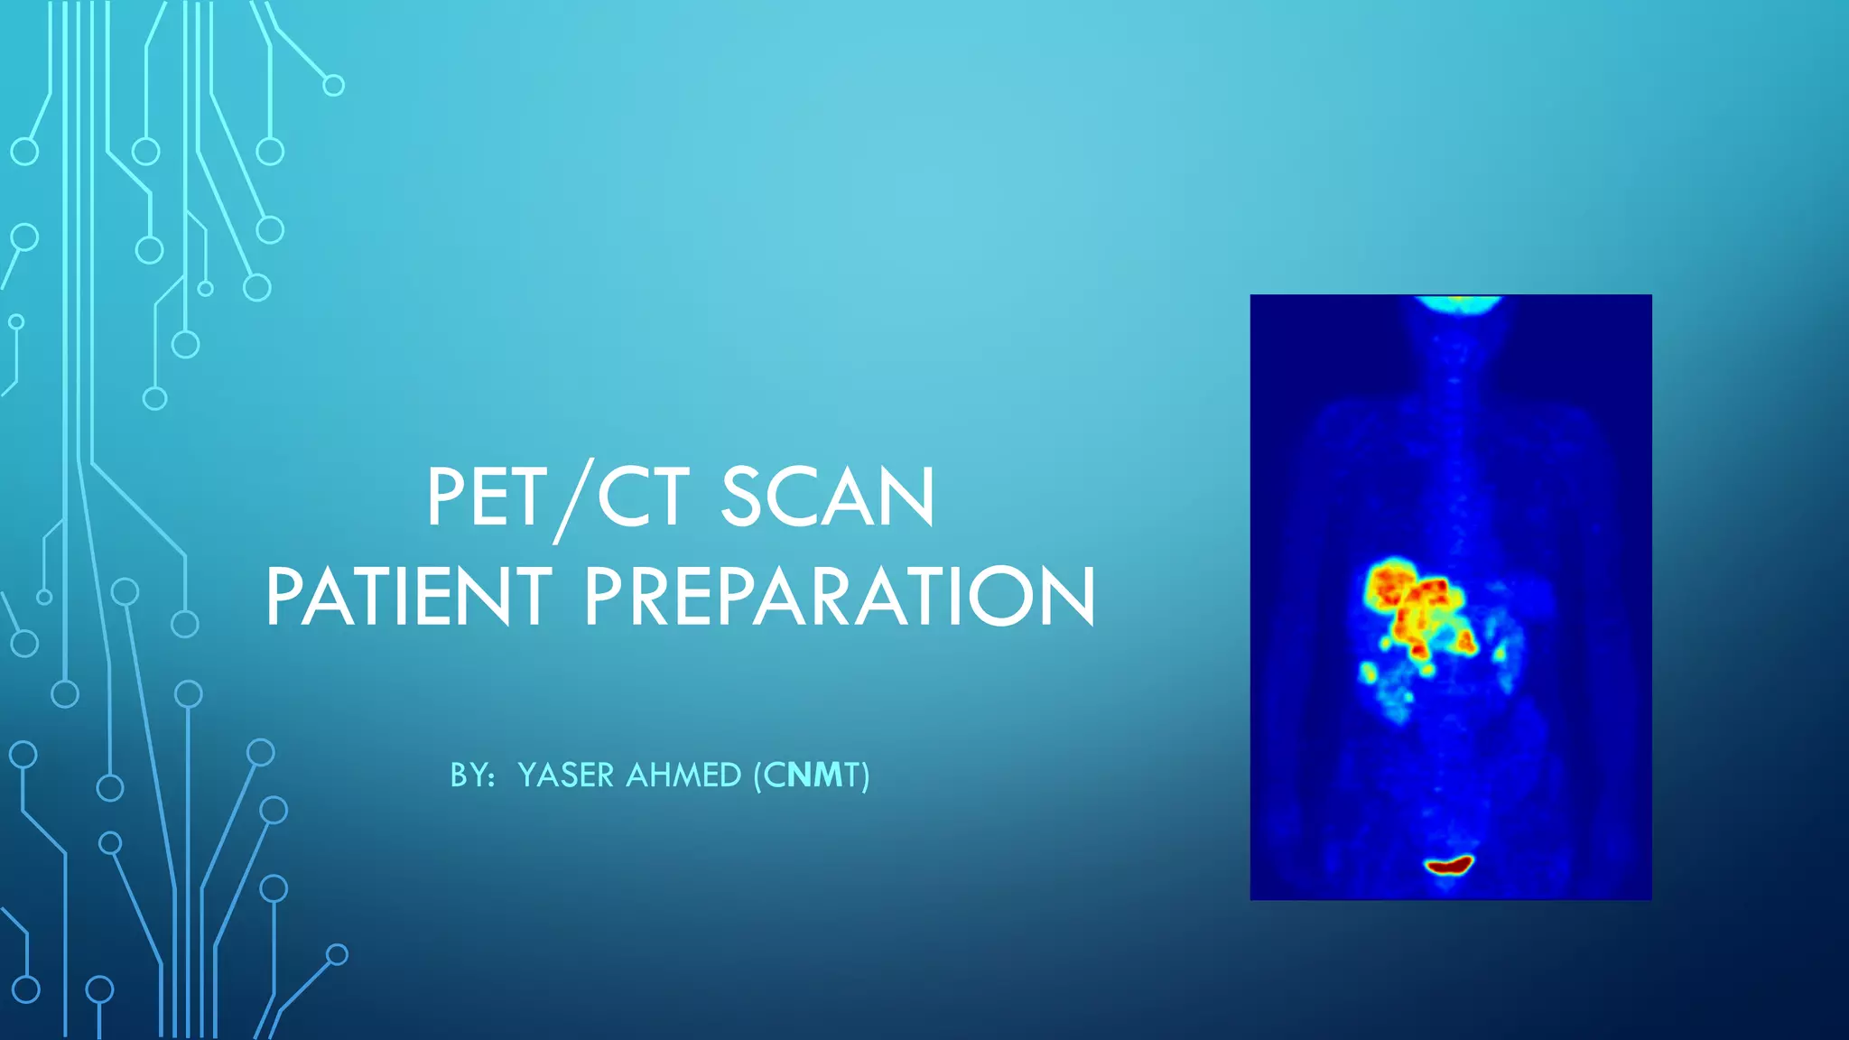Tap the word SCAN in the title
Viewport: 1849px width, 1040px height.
(827, 498)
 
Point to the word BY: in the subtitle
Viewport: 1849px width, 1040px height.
(472, 775)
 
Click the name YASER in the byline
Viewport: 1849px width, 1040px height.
(565, 775)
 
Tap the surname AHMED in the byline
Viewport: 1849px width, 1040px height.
(683, 775)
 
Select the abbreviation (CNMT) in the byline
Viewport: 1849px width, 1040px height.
(812, 775)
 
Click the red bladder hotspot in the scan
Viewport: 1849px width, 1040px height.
(1449, 866)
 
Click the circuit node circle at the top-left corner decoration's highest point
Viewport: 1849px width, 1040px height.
(333, 86)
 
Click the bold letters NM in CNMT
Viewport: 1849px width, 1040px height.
(815, 775)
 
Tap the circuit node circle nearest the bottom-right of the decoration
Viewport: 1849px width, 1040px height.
(337, 954)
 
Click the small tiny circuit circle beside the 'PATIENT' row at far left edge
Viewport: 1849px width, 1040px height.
(44, 597)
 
